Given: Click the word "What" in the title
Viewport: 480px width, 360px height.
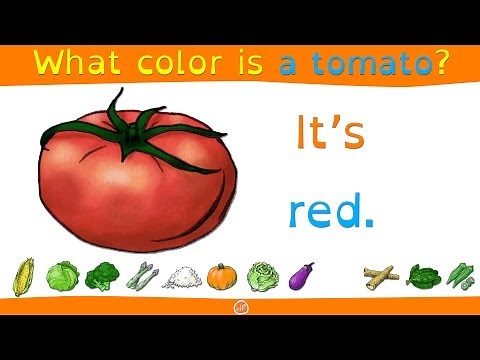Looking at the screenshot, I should tap(73, 64).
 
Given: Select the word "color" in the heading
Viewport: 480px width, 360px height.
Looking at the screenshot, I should tap(175, 64).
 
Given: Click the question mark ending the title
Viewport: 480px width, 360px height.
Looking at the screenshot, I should tap(439, 64).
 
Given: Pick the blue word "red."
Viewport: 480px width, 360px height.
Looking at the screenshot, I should tap(330, 212).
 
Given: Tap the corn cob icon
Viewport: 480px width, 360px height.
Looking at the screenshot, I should tap(23, 275).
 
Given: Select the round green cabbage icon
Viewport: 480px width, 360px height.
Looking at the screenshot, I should tap(62, 275).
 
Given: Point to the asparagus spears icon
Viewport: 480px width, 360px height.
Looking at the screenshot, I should tap(143, 275).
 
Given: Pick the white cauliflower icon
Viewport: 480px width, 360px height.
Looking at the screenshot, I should tap(182, 276).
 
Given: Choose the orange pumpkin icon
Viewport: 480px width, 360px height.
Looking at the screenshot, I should tap(222, 275).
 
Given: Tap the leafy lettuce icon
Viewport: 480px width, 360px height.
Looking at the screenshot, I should tap(262, 275).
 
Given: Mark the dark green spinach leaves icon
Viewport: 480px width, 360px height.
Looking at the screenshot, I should tap(420, 275).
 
